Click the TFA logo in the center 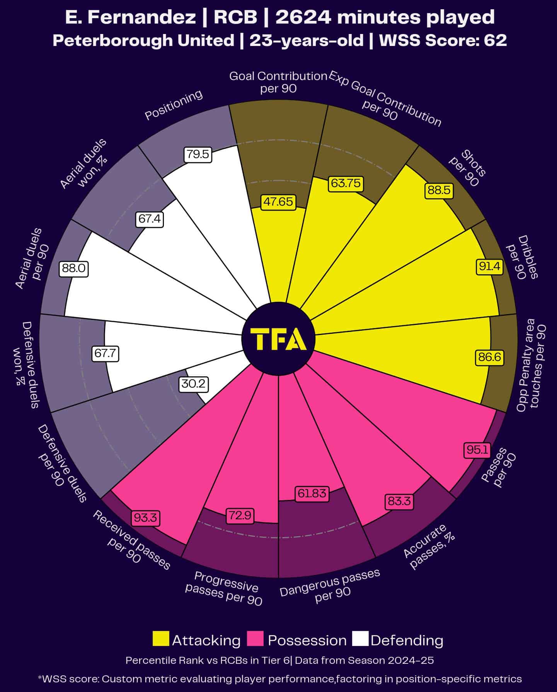(278, 339)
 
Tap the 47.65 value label (278, 202)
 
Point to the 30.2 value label (194, 384)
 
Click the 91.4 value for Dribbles (489, 267)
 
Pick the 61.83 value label (312, 493)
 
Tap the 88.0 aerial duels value (73, 268)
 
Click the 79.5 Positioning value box (198, 155)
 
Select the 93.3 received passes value (146, 517)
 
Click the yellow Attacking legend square (161, 639)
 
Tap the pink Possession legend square (255, 639)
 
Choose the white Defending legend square (360, 639)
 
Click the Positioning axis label (174, 105)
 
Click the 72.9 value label (240, 515)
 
